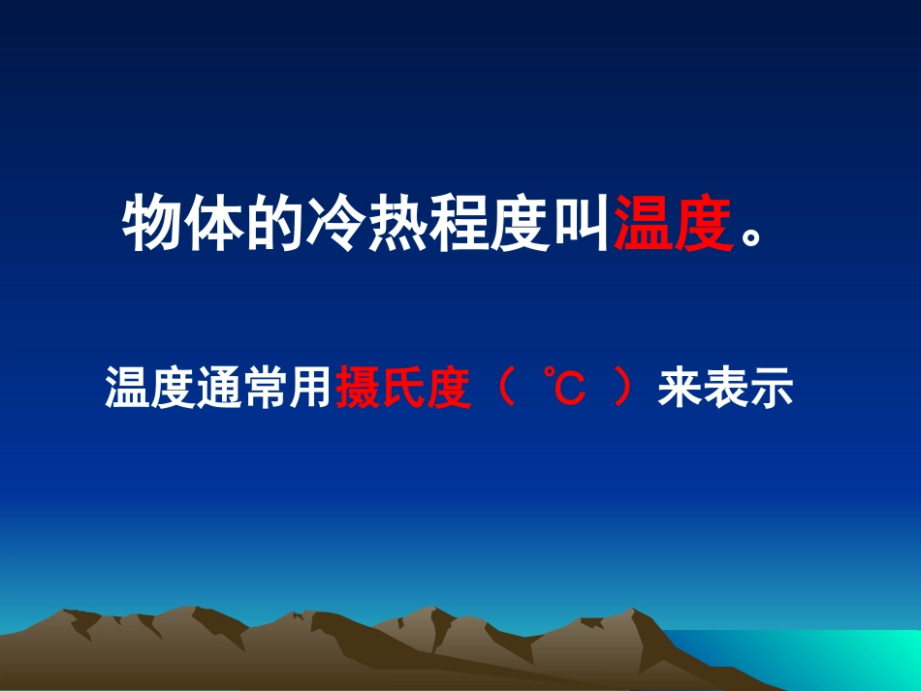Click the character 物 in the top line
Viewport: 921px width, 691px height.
pos(152,225)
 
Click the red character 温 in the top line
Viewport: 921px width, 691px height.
pos(643,225)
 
